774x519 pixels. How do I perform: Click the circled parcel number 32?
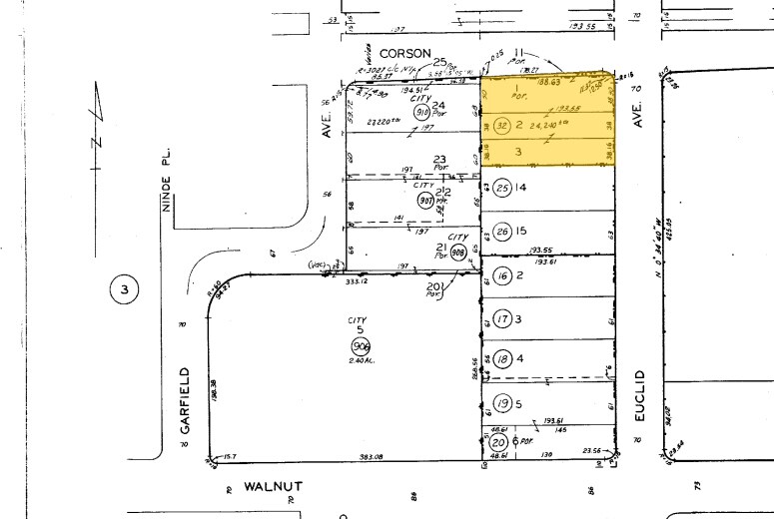(x=502, y=126)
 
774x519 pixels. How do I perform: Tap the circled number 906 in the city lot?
(x=360, y=346)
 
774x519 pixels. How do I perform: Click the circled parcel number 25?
(x=503, y=188)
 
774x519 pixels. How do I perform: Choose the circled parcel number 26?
(x=503, y=232)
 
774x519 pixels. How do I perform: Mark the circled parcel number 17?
(x=502, y=318)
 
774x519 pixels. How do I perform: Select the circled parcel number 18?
(x=502, y=359)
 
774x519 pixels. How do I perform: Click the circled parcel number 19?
(x=502, y=404)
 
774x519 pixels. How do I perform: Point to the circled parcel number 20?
(x=497, y=442)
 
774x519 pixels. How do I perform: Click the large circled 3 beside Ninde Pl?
(x=125, y=290)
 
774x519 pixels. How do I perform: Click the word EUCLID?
(x=640, y=396)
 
